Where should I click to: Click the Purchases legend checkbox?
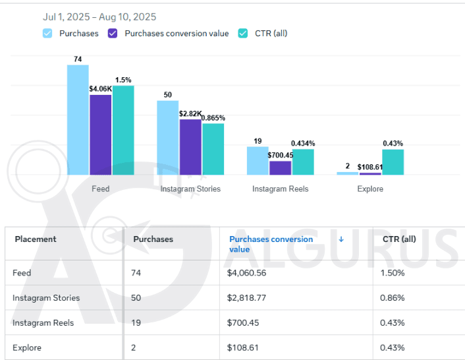(x=47, y=33)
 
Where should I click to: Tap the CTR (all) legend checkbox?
(x=243, y=33)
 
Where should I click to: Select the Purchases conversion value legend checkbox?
(x=113, y=33)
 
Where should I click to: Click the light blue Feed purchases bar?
(x=78, y=119)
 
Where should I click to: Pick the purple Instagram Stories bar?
(x=190, y=146)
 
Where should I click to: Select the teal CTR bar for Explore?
(x=393, y=162)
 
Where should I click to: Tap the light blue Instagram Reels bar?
(x=258, y=160)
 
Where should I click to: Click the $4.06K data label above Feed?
(x=101, y=88)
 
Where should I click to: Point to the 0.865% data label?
(x=213, y=118)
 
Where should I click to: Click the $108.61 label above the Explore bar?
(x=370, y=167)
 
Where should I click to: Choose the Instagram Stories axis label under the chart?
(x=190, y=189)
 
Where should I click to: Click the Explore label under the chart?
(x=369, y=189)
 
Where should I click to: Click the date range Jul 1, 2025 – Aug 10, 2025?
(x=99, y=16)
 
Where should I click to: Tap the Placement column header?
(x=36, y=239)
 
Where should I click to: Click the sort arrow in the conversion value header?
(x=341, y=239)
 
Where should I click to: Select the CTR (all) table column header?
(x=399, y=239)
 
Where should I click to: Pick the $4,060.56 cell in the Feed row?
(x=248, y=272)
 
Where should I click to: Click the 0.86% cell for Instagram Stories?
(x=393, y=297)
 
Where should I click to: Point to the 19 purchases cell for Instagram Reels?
(x=137, y=322)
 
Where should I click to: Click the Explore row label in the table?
(x=27, y=347)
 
